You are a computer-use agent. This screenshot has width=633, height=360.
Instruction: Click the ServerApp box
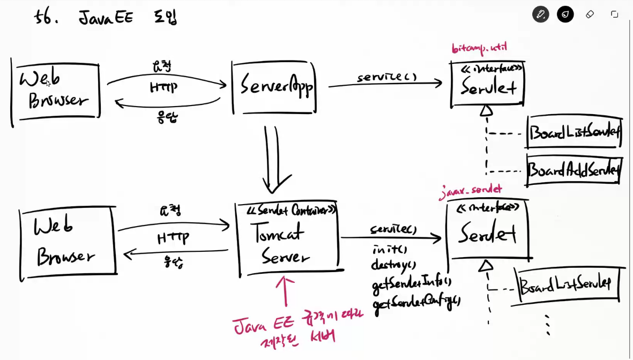(x=274, y=87)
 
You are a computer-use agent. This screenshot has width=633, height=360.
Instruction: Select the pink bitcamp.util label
(x=479, y=48)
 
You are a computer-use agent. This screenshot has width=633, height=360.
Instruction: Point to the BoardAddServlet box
(x=574, y=170)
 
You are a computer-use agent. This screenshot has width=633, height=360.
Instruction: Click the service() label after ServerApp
(x=386, y=77)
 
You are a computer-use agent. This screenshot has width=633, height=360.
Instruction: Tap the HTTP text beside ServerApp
(x=163, y=87)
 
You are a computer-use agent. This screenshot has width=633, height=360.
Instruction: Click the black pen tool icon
(x=540, y=14)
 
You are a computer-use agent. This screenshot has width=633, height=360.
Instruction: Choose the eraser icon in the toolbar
(x=590, y=14)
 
